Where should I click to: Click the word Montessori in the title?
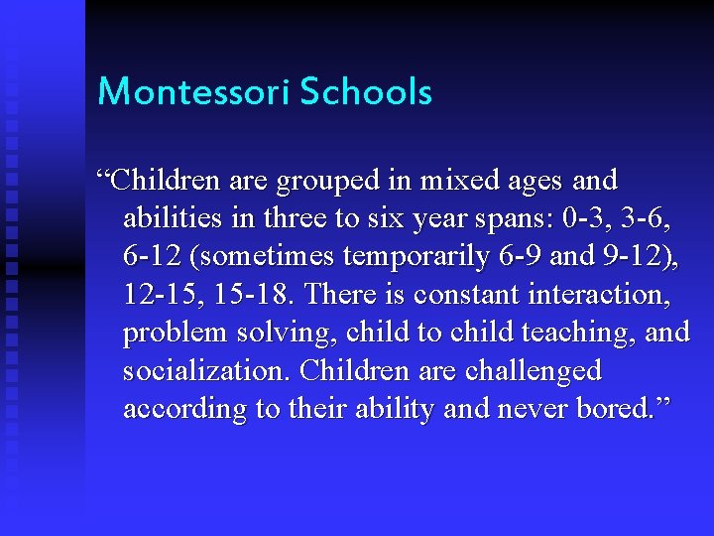193,92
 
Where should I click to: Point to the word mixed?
452,181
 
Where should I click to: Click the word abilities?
169,218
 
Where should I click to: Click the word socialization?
205,370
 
